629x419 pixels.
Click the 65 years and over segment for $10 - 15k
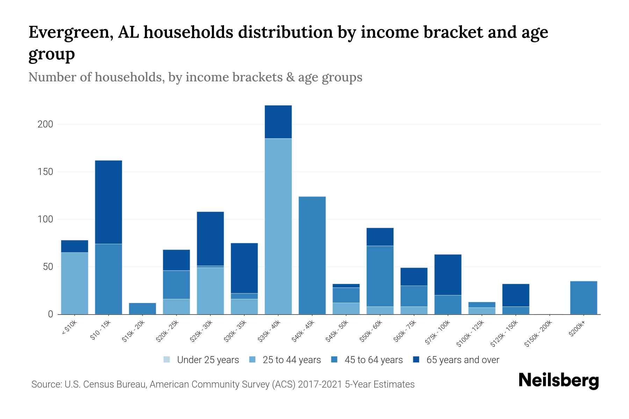pyautogui.click(x=108, y=202)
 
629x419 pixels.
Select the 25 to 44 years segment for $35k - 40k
pyautogui.click(x=278, y=226)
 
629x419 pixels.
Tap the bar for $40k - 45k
pyautogui.click(x=312, y=255)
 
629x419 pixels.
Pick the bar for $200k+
pyautogui.click(x=583, y=297)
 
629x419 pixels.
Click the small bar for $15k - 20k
pyautogui.click(x=142, y=308)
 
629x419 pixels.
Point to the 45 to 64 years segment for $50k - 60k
pyautogui.click(x=380, y=276)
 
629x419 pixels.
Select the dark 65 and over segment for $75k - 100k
pyautogui.click(x=448, y=275)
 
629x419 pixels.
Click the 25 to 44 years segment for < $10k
pyautogui.click(x=74, y=283)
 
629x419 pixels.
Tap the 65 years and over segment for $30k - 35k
pyautogui.click(x=244, y=268)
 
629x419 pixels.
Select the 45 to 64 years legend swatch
pyautogui.click(x=334, y=360)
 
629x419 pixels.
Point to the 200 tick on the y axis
pyautogui.click(x=45, y=124)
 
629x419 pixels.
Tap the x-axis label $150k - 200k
pyautogui.click(x=538, y=333)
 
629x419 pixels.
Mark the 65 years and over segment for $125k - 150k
pyautogui.click(x=515, y=295)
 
